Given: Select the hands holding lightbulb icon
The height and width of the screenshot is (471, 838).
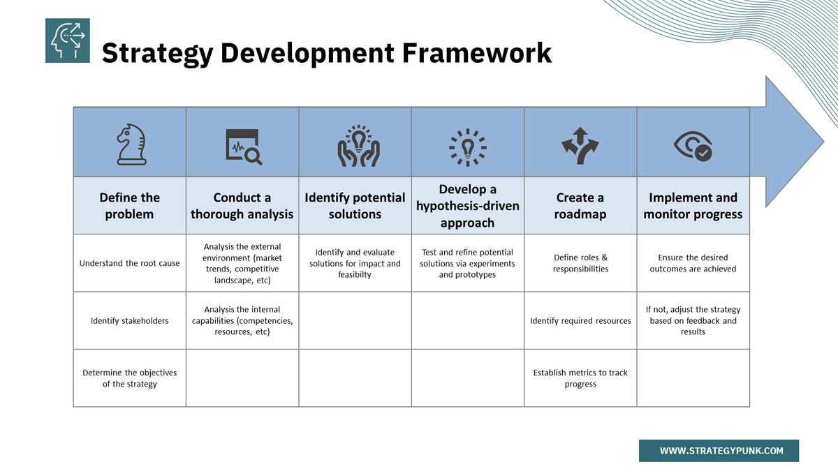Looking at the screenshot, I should tap(358, 146).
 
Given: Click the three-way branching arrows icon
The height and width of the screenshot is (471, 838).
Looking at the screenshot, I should tap(580, 146).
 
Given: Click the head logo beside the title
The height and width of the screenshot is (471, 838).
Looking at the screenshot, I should tap(68, 40).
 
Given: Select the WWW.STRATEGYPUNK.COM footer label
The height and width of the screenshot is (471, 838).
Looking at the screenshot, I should tap(719, 451).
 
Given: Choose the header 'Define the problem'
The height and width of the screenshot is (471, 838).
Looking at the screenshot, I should tap(129, 206).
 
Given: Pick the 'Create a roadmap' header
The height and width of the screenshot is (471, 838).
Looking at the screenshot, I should tap(580, 206).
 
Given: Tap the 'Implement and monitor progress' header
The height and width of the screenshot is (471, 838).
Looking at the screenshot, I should tap(693, 206).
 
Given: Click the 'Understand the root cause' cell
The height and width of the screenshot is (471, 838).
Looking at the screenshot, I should tap(129, 263).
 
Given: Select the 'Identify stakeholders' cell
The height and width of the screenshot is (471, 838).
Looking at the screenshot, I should tap(129, 321).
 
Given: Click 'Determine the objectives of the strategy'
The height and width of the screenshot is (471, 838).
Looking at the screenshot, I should tap(129, 378).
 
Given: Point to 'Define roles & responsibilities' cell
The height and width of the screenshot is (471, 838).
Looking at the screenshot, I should tap(580, 263).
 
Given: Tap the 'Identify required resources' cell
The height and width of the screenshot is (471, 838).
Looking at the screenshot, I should tap(580, 321).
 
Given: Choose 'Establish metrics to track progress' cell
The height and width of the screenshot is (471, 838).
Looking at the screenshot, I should tap(580, 378).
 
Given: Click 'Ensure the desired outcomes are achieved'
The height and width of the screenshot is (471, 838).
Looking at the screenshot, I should tap(693, 263).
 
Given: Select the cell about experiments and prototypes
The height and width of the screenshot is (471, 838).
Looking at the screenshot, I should tap(467, 263).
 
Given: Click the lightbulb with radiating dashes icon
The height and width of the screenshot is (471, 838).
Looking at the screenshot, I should tap(467, 147).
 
